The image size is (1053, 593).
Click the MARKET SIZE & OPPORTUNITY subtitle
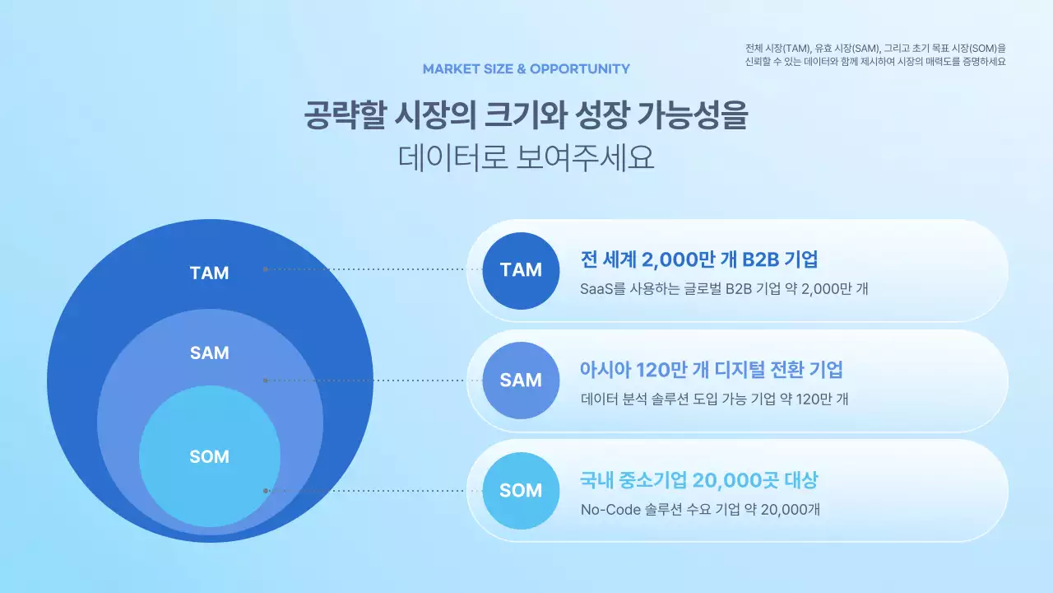pos(526,68)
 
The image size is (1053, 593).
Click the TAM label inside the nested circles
pos(209,273)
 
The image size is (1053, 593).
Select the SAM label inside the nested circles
pos(209,353)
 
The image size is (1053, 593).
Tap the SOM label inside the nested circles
pos(209,457)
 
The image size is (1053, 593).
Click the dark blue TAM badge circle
pos(521,270)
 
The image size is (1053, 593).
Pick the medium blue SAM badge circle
pos(521,381)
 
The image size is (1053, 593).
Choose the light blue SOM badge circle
pos(521,491)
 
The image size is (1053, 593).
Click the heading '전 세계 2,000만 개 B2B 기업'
pos(699,259)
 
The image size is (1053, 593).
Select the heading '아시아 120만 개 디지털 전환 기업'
pos(712,370)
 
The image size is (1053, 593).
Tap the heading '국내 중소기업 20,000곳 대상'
pos(699,480)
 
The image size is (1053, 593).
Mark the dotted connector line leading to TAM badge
pos(370,269)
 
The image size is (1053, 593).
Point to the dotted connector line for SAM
pos(370,381)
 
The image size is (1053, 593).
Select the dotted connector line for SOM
pos(370,490)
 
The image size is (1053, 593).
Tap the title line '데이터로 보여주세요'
pos(526,157)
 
